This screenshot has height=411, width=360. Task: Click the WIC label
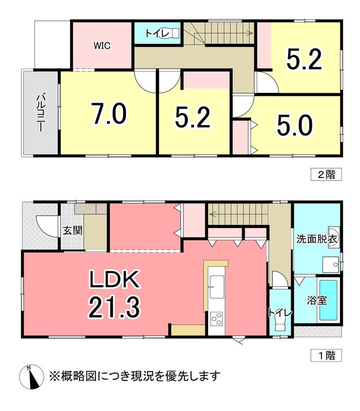point(102,46)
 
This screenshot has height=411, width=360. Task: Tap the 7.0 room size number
point(108,113)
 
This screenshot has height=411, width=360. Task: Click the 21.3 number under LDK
point(114,308)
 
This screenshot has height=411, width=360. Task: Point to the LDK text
point(114,280)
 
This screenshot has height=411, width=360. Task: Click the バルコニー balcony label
point(40,113)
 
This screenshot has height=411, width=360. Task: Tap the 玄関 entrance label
point(72,231)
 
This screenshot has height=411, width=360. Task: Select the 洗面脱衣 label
point(317,239)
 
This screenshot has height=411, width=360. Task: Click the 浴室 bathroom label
point(317,301)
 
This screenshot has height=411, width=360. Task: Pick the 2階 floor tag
point(326,174)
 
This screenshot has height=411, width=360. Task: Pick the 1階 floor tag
point(326,356)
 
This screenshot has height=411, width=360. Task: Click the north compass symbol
point(32,376)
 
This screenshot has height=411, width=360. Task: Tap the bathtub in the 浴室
point(328,300)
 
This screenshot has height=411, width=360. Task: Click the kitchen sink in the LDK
point(216,286)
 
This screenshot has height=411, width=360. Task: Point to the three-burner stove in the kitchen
point(216,319)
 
